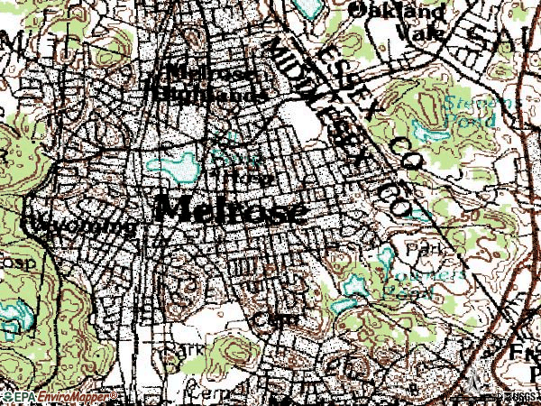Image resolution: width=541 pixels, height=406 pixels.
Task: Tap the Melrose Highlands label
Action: [209, 82]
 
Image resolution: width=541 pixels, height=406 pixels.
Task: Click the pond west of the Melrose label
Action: [175, 167]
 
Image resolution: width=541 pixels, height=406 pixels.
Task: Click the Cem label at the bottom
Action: [206, 392]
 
